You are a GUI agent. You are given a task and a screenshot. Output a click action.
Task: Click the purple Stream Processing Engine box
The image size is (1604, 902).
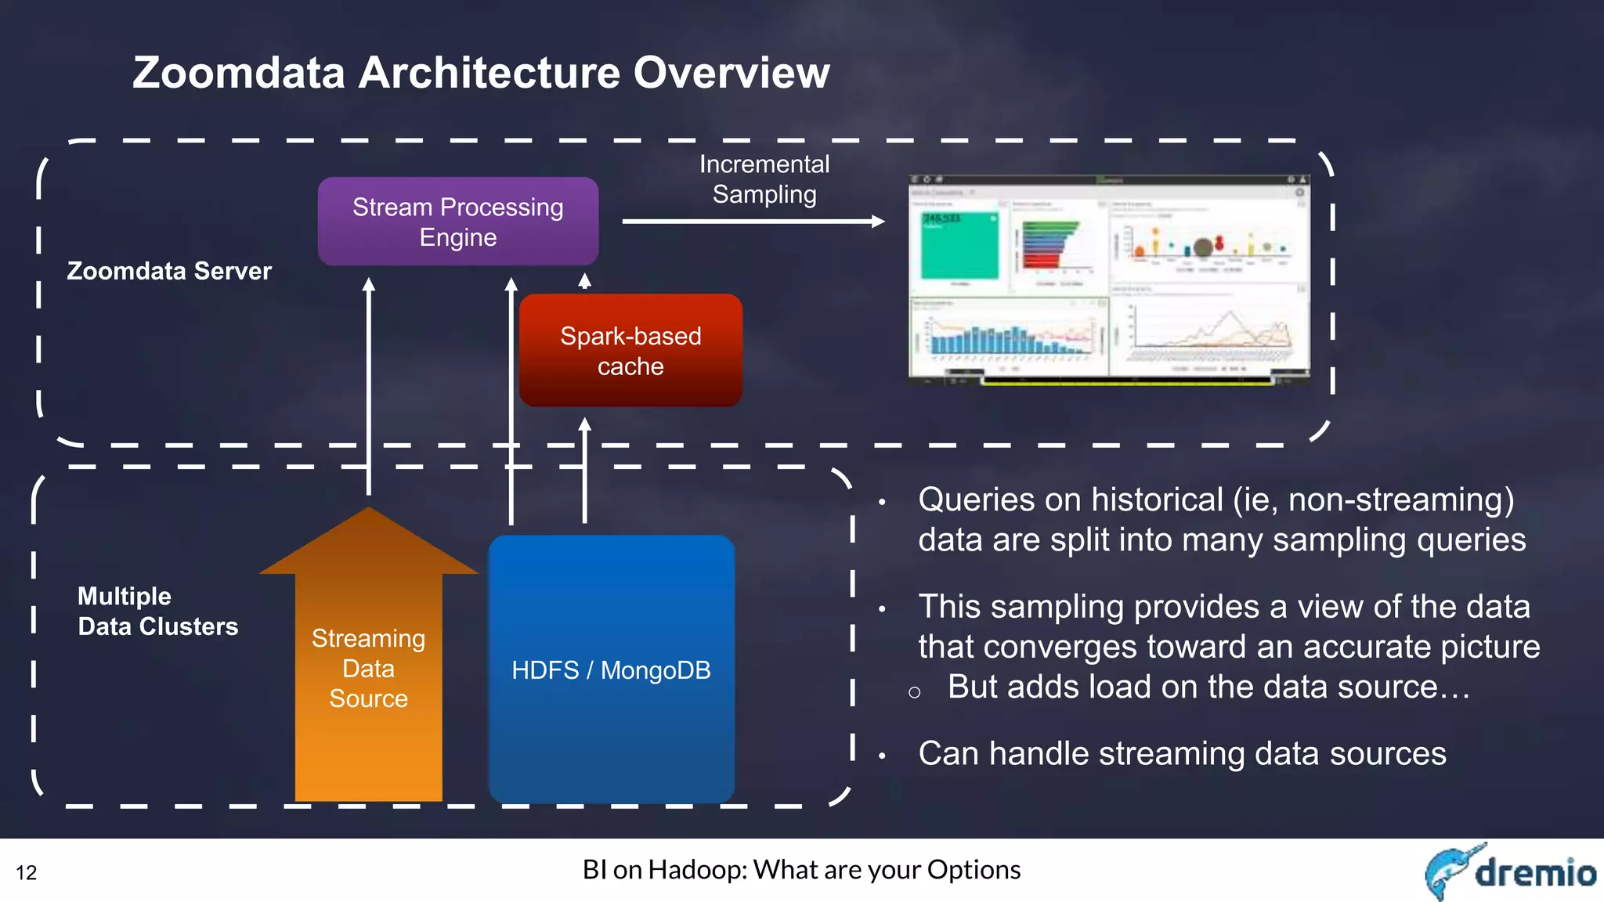(x=458, y=222)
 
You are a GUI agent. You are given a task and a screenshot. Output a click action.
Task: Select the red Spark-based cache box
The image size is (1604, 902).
(x=630, y=351)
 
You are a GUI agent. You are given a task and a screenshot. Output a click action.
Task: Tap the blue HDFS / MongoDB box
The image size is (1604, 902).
(x=611, y=669)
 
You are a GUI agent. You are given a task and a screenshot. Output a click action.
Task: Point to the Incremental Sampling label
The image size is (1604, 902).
(x=764, y=179)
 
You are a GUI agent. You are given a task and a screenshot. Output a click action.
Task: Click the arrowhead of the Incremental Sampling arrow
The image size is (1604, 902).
(x=878, y=222)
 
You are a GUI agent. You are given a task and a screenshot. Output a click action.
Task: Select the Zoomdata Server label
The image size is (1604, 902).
(x=169, y=271)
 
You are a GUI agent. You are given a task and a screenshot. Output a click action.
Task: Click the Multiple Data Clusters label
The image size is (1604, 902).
(x=157, y=612)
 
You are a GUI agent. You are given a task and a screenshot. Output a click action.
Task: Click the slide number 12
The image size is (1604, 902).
(x=27, y=872)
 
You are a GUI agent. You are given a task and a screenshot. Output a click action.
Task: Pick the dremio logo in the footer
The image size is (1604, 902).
(x=1509, y=871)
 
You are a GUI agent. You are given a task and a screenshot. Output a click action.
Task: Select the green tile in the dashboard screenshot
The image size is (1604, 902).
(x=959, y=244)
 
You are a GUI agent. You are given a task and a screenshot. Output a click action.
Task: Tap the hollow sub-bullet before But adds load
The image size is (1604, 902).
(x=914, y=692)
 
